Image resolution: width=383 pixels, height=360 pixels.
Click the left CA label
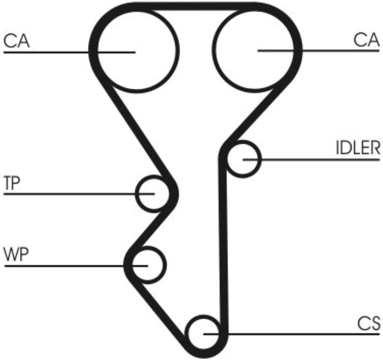(17, 41)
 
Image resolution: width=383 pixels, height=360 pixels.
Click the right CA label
(366, 40)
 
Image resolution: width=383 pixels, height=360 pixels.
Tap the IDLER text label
(358, 148)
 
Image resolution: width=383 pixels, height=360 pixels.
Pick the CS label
(369, 323)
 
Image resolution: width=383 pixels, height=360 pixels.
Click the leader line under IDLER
(311, 160)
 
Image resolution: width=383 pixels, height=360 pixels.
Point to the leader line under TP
(79, 194)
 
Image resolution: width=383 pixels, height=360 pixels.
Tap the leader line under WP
(76, 266)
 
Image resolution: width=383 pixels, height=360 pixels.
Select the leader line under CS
(292, 334)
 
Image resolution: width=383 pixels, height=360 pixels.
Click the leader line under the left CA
(70, 52)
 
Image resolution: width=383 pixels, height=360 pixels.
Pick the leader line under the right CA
(319, 51)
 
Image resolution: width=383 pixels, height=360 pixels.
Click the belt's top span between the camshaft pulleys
(195, 6)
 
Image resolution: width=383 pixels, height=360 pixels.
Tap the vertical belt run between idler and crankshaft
(223, 244)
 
